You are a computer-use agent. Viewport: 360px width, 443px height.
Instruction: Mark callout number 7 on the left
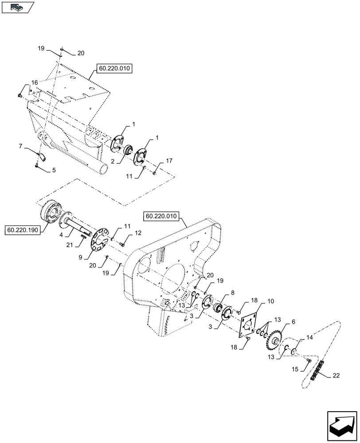[20, 145]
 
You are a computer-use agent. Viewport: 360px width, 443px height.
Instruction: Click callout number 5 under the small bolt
[54, 170]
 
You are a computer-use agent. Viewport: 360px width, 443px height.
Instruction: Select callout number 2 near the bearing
[113, 162]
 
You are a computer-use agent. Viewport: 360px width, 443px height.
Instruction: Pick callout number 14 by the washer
[309, 338]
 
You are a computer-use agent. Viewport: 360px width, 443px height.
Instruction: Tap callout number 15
[293, 369]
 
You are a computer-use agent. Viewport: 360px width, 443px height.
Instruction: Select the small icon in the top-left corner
[18, 8]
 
